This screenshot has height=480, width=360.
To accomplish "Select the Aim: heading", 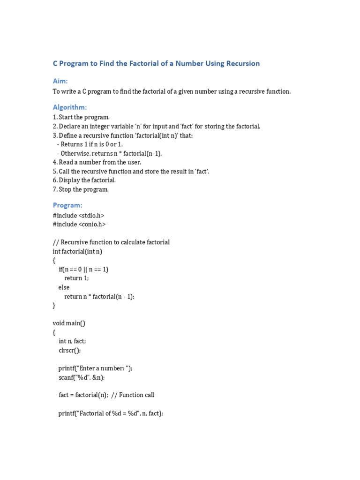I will pyautogui.click(x=60, y=81).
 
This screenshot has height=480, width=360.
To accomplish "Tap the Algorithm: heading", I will pyautogui.click(x=70, y=107).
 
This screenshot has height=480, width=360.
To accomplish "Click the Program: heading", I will pyautogui.click(x=67, y=205).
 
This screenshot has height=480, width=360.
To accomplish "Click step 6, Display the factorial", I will pyautogui.click(x=84, y=180).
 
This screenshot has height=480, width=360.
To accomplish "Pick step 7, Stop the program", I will pyautogui.click(x=81, y=189).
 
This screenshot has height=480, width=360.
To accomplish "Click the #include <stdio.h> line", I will pyautogui.click(x=78, y=215).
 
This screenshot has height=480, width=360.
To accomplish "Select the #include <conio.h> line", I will pyautogui.click(x=79, y=224).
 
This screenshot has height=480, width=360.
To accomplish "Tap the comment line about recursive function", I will pyautogui.click(x=111, y=242).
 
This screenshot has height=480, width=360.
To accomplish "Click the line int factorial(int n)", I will pyautogui.click(x=77, y=251).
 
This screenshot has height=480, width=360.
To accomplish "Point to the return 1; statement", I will pyautogui.click(x=76, y=278).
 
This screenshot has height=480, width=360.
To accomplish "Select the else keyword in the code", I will pyautogui.click(x=64, y=287).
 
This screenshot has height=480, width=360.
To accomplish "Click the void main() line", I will pyautogui.click(x=69, y=323).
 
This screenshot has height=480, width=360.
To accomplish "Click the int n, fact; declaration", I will pyautogui.click(x=72, y=341).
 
